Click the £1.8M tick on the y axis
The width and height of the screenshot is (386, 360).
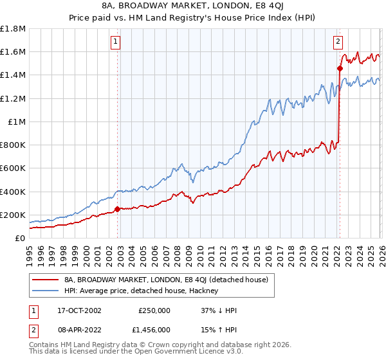tap(13, 29)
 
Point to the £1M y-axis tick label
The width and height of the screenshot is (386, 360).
tap(17, 122)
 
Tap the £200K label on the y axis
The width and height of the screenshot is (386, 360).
tap(13, 215)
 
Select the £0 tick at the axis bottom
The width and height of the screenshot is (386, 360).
tap(21, 238)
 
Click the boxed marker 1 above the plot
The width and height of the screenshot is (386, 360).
tap(116, 42)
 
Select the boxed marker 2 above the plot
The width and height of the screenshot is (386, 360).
tap(337, 42)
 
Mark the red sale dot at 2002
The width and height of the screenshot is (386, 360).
tap(117, 209)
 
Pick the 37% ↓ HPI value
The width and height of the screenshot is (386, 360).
tap(219, 310)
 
